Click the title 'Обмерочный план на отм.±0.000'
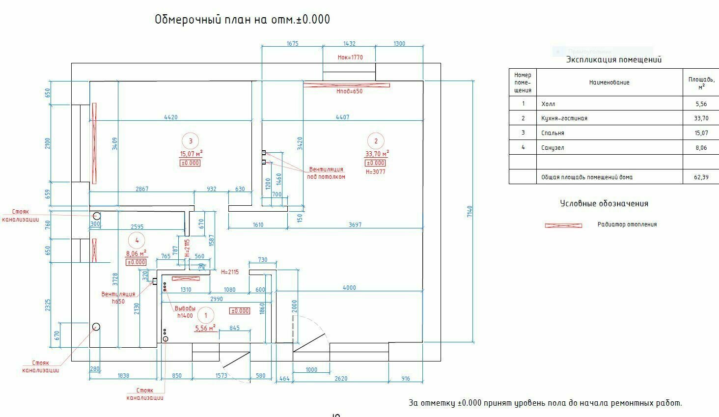tap(242, 20)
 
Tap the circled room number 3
tap(191, 141)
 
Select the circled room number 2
tap(376, 141)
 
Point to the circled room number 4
tap(137, 240)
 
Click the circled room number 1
tap(206, 315)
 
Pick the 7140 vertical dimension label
tap(469, 212)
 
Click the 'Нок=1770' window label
tap(350, 57)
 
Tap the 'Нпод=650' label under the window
tap(349, 91)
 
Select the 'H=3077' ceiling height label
tap(376, 172)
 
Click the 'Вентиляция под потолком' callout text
tap(326, 173)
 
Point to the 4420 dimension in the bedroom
tap(170, 117)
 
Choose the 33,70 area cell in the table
tap(701, 118)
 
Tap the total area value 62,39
tap(701, 177)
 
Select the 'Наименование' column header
tap(609, 83)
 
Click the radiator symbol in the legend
tap(563, 225)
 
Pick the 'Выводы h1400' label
tap(186, 312)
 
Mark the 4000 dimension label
tap(349, 288)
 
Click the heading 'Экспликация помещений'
tap(613, 60)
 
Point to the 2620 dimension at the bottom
tap(341, 379)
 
